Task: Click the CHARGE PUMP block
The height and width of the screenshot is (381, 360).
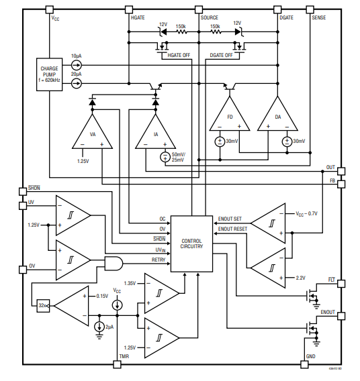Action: point(50,74)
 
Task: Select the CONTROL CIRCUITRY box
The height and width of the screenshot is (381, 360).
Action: point(191,243)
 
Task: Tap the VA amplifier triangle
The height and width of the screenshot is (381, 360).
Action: point(93,132)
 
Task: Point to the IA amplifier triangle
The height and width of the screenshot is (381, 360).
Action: point(155,132)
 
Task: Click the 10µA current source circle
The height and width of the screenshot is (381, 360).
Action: point(77,65)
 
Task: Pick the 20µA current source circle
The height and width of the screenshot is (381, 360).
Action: point(77,84)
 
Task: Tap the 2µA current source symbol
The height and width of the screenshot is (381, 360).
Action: point(99,327)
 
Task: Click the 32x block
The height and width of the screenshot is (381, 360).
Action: point(43,306)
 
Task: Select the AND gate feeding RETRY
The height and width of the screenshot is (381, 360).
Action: point(114,264)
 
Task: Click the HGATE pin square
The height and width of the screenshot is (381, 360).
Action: point(129,9)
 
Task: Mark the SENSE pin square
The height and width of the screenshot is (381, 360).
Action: point(310,9)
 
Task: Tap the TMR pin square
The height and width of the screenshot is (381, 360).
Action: point(118,364)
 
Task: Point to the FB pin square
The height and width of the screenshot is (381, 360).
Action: point(341,184)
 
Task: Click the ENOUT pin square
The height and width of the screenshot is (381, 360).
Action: point(341,316)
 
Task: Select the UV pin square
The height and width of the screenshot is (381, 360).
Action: point(23,206)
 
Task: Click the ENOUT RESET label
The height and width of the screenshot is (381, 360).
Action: point(232,229)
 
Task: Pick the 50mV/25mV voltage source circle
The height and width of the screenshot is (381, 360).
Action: point(165,157)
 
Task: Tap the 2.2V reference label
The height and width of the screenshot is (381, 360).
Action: point(301,278)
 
